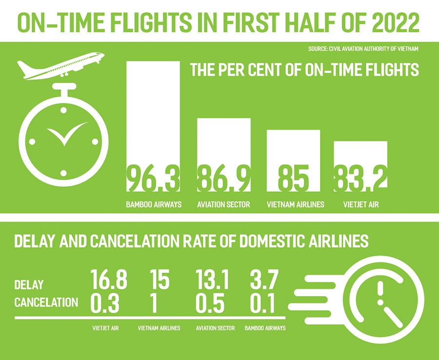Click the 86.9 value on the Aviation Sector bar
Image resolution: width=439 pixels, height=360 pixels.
point(224,179)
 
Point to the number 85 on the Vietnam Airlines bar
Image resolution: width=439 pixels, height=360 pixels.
point(293,179)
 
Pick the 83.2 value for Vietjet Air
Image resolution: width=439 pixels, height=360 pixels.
point(360,179)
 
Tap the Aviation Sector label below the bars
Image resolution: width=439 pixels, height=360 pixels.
point(224,204)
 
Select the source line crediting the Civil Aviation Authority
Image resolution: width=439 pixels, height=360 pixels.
point(363,49)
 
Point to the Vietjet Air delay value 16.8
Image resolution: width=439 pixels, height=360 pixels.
point(109,281)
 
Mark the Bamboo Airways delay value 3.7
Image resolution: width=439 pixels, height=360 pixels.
point(262,281)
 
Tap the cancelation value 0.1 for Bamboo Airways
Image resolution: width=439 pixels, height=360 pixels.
point(261,303)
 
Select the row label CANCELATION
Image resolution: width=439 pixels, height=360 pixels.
point(46,302)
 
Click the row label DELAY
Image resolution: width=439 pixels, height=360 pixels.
point(29,284)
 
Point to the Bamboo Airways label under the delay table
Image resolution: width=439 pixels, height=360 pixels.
point(265,328)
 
